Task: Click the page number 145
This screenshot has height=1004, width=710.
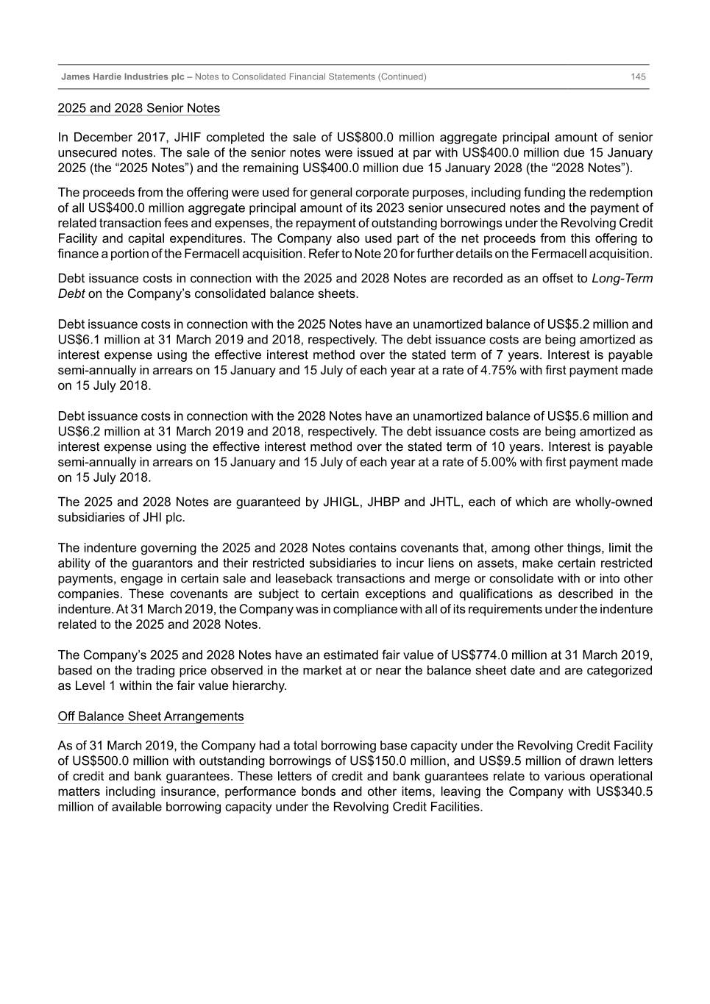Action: (x=638, y=76)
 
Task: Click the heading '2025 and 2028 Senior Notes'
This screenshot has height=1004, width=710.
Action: (x=138, y=108)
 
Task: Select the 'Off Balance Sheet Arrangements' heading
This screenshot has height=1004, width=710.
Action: (x=150, y=716)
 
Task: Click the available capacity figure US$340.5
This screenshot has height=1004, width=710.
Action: (x=622, y=791)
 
